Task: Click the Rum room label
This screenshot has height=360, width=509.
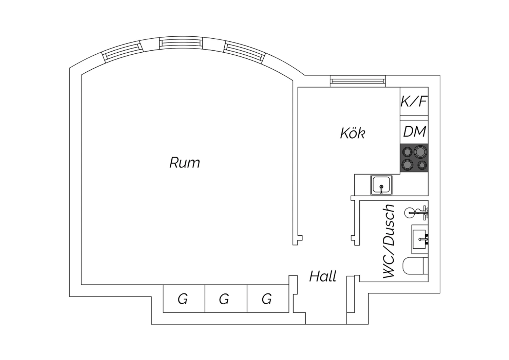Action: click(185, 163)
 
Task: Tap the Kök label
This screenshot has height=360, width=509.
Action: click(353, 133)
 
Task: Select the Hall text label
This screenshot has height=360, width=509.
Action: click(323, 276)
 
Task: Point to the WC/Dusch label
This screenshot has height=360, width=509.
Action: click(389, 241)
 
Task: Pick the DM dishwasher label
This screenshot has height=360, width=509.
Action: click(414, 131)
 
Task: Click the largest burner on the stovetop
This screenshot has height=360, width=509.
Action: click(420, 152)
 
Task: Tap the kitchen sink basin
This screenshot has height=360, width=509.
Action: click(381, 185)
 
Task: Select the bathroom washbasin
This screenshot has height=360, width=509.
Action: click(419, 239)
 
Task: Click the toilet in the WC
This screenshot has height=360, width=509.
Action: click(415, 266)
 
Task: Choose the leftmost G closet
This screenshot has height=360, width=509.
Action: click(184, 299)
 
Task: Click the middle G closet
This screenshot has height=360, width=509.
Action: click(226, 299)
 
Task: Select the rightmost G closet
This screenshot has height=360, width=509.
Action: click(268, 299)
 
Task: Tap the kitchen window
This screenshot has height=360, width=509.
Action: click(358, 81)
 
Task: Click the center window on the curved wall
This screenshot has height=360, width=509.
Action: click(181, 43)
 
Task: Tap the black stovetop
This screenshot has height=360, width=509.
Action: click(414, 158)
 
